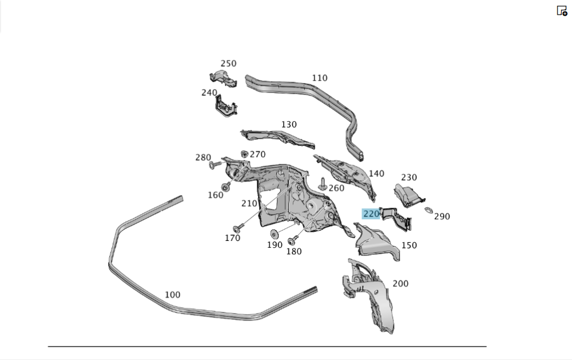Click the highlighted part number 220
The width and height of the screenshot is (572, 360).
pyautogui.click(x=371, y=214)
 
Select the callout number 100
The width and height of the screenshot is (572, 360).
pyautogui.click(x=172, y=295)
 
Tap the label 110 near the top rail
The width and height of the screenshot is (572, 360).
pyautogui.click(x=320, y=78)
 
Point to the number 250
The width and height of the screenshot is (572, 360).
pyautogui.click(x=228, y=64)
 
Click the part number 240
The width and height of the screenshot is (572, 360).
pyautogui.click(x=209, y=92)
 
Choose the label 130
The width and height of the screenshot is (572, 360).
pyautogui.click(x=289, y=124)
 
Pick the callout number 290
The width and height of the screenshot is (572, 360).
pyautogui.click(x=442, y=216)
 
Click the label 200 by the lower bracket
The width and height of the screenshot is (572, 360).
pyautogui.click(x=400, y=283)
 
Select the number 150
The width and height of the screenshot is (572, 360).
pyautogui.click(x=409, y=245)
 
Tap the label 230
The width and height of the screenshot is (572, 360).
pyautogui.click(x=409, y=177)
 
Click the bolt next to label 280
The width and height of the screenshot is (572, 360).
pyautogui.click(x=216, y=165)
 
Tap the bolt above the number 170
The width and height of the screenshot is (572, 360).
pyautogui.click(x=238, y=227)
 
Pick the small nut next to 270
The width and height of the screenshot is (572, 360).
pyautogui.click(x=244, y=153)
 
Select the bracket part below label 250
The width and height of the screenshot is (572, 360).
pyautogui.click(x=223, y=78)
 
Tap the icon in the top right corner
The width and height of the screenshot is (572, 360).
pyautogui.click(x=562, y=10)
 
